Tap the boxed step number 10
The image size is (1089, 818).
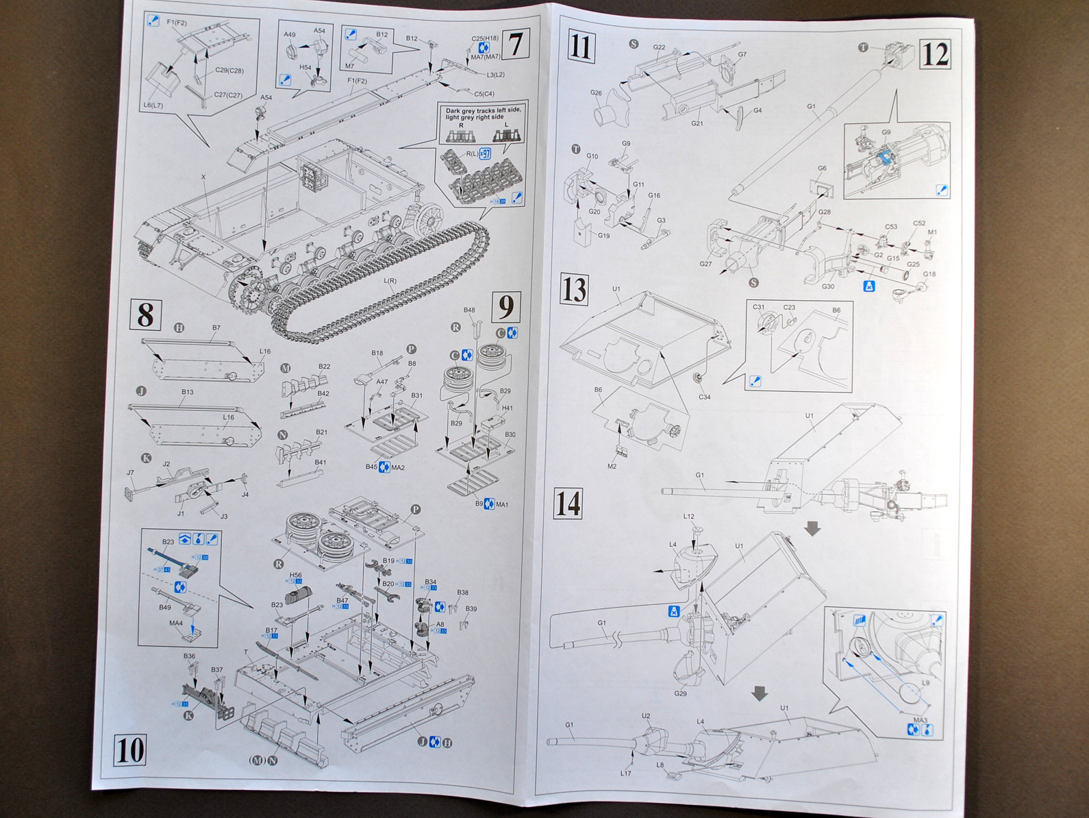(x=130, y=750)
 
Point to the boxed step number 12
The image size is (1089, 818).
(x=935, y=53)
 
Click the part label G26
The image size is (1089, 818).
(x=595, y=93)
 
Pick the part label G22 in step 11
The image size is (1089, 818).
(x=659, y=47)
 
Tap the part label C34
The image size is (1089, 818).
(x=704, y=397)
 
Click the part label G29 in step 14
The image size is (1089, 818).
(x=680, y=693)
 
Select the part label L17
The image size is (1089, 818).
(x=625, y=773)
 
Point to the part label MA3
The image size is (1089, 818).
(x=921, y=719)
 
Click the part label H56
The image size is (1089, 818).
(x=296, y=575)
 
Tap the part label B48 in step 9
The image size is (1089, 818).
(x=469, y=310)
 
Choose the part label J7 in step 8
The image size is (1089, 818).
(x=131, y=472)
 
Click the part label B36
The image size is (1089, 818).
(x=190, y=656)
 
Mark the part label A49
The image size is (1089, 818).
(x=290, y=34)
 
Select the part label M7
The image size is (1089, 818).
(x=349, y=66)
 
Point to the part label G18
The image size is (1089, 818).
(x=929, y=274)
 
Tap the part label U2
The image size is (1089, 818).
(x=646, y=716)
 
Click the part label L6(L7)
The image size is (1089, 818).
(x=153, y=104)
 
